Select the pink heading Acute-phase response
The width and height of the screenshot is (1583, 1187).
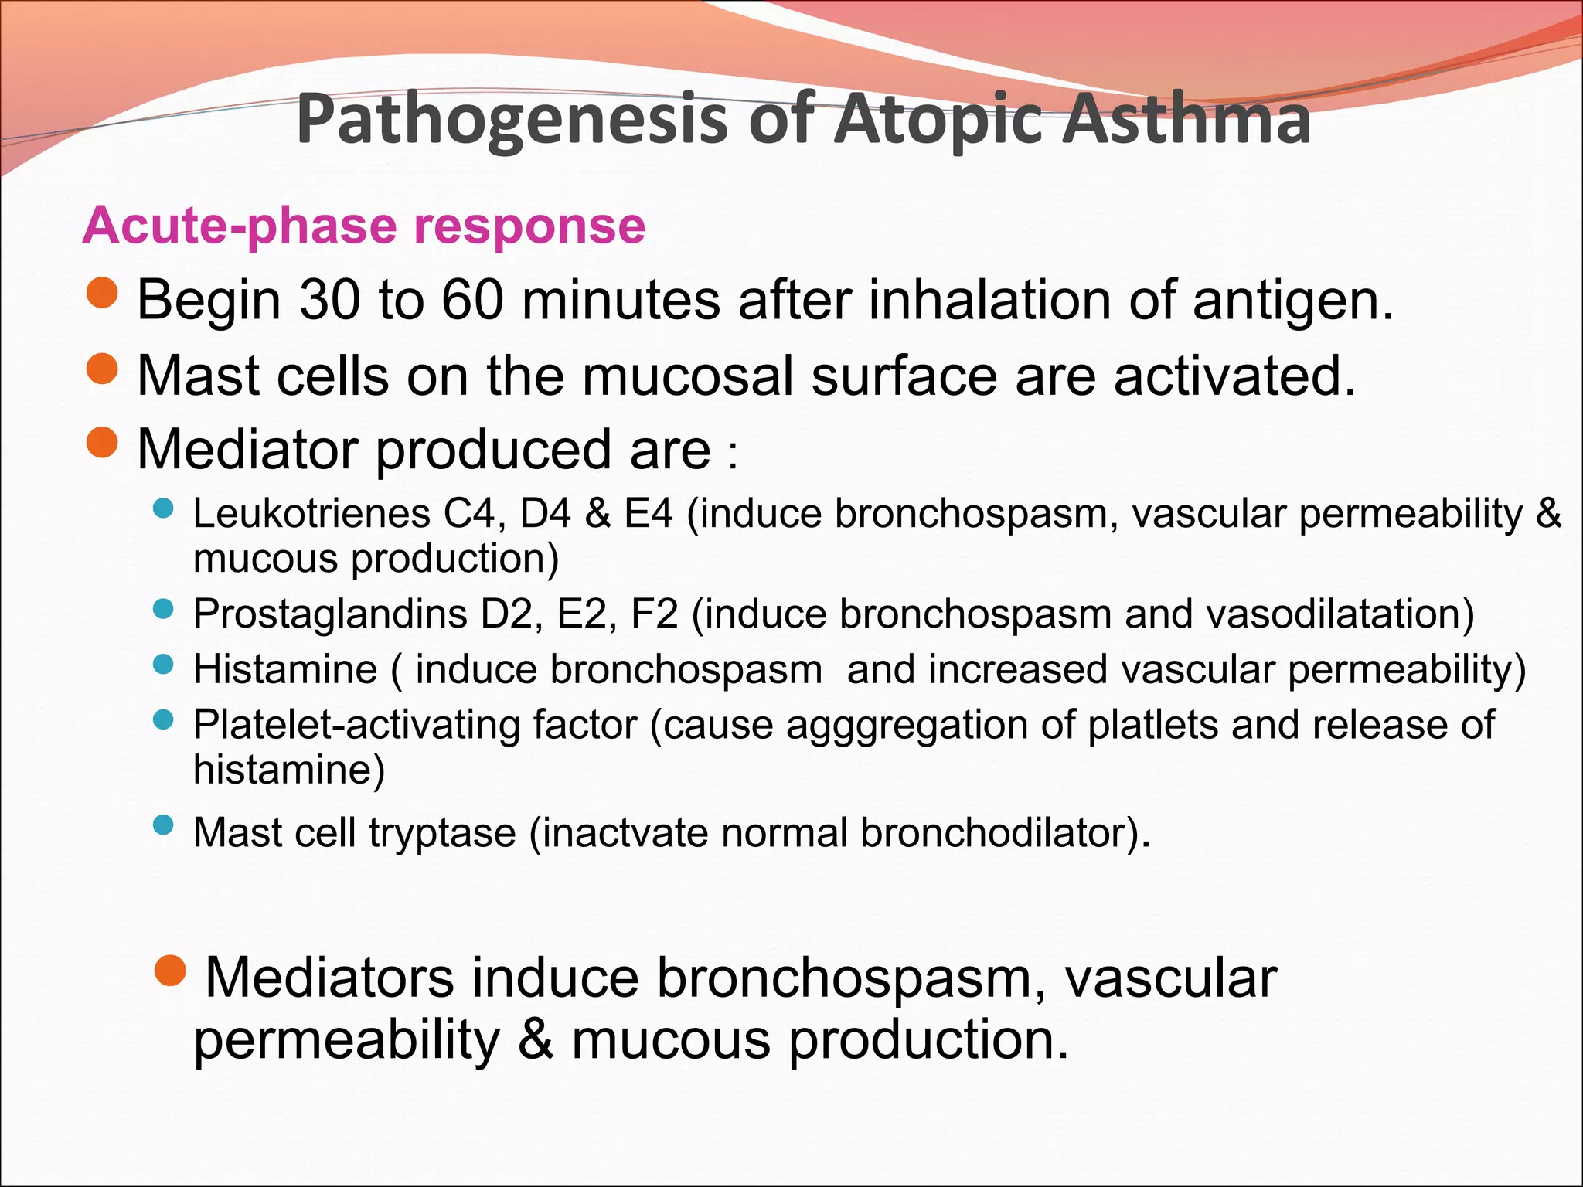point(363,226)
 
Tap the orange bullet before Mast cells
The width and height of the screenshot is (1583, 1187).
point(102,369)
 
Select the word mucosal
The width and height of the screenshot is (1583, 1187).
point(688,376)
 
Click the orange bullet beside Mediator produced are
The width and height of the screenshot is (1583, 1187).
point(102,443)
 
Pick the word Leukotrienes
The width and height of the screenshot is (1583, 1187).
point(311,513)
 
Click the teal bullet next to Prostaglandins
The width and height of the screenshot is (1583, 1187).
point(163,609)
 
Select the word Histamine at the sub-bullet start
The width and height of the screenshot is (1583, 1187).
point(285,669)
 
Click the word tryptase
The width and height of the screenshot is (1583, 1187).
point(442,833)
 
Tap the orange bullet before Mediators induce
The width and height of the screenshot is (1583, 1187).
point(170,971)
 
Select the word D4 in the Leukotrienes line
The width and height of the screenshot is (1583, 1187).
point(545,513)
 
